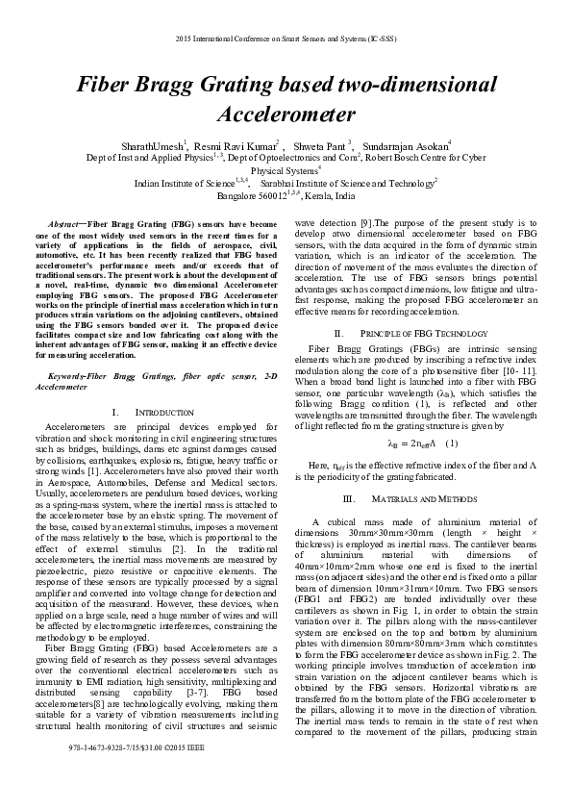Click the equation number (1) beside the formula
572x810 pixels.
pyautogui.click(x=452, y=443)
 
